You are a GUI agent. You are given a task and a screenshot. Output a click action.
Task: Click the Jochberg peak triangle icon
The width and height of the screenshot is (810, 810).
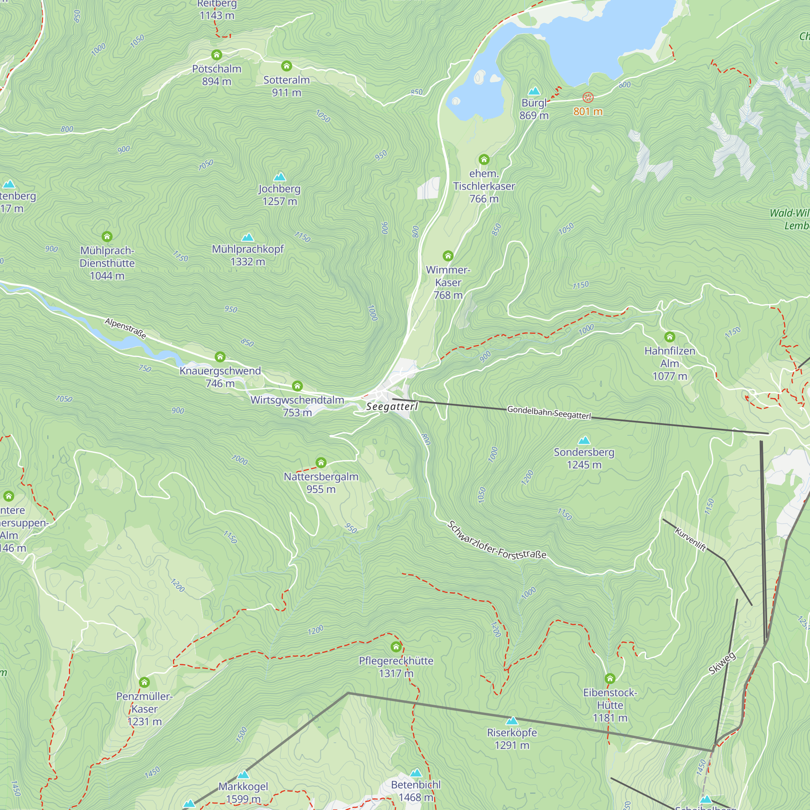(x=279, y=177)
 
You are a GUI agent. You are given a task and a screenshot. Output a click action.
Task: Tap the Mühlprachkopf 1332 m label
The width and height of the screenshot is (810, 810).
(x=248, y=255)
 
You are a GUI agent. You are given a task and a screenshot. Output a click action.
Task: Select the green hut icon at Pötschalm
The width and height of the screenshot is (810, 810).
(x=216, y=55)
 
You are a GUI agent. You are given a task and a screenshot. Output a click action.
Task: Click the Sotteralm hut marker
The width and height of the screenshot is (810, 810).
(x=287, y=66)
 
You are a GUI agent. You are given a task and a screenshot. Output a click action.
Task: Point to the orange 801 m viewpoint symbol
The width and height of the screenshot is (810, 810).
(x=588, y=98)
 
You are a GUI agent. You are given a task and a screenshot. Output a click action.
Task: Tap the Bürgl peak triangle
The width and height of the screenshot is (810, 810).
(x=534, y=91)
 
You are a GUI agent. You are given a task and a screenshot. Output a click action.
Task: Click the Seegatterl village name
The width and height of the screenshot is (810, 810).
(x=392, y=406)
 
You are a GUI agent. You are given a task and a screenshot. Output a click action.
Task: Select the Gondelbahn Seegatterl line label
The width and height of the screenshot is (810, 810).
(x=549, y=413)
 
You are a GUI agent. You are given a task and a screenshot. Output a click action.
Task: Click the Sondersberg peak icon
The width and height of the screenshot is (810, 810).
(x=584, y=440)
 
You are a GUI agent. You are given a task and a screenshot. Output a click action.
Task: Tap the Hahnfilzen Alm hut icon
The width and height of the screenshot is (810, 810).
(x=669, y=337)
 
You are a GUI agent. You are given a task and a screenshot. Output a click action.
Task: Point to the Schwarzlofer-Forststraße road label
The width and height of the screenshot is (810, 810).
(x=497, y=541)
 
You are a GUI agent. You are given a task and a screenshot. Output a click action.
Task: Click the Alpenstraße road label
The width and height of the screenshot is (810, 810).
(x=126, y=328)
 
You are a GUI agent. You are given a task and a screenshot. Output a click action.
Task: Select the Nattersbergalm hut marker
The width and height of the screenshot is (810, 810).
(x=321, y=463)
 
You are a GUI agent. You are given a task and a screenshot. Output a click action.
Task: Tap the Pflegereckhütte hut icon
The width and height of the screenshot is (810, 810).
(x=396, y=646)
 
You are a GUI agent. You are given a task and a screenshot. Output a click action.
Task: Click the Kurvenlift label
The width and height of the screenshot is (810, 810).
(x=691, y=539)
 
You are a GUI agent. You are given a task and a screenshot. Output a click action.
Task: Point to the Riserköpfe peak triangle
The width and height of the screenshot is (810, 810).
(x=512, y=721)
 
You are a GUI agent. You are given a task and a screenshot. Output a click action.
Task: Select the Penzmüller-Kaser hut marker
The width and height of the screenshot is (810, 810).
(x=144, y=682)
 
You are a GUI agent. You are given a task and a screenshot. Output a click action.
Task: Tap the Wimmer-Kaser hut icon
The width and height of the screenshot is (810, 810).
(x=448, y=256)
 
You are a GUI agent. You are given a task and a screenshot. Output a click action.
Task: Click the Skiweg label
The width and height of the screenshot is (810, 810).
(x=722, y=664)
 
